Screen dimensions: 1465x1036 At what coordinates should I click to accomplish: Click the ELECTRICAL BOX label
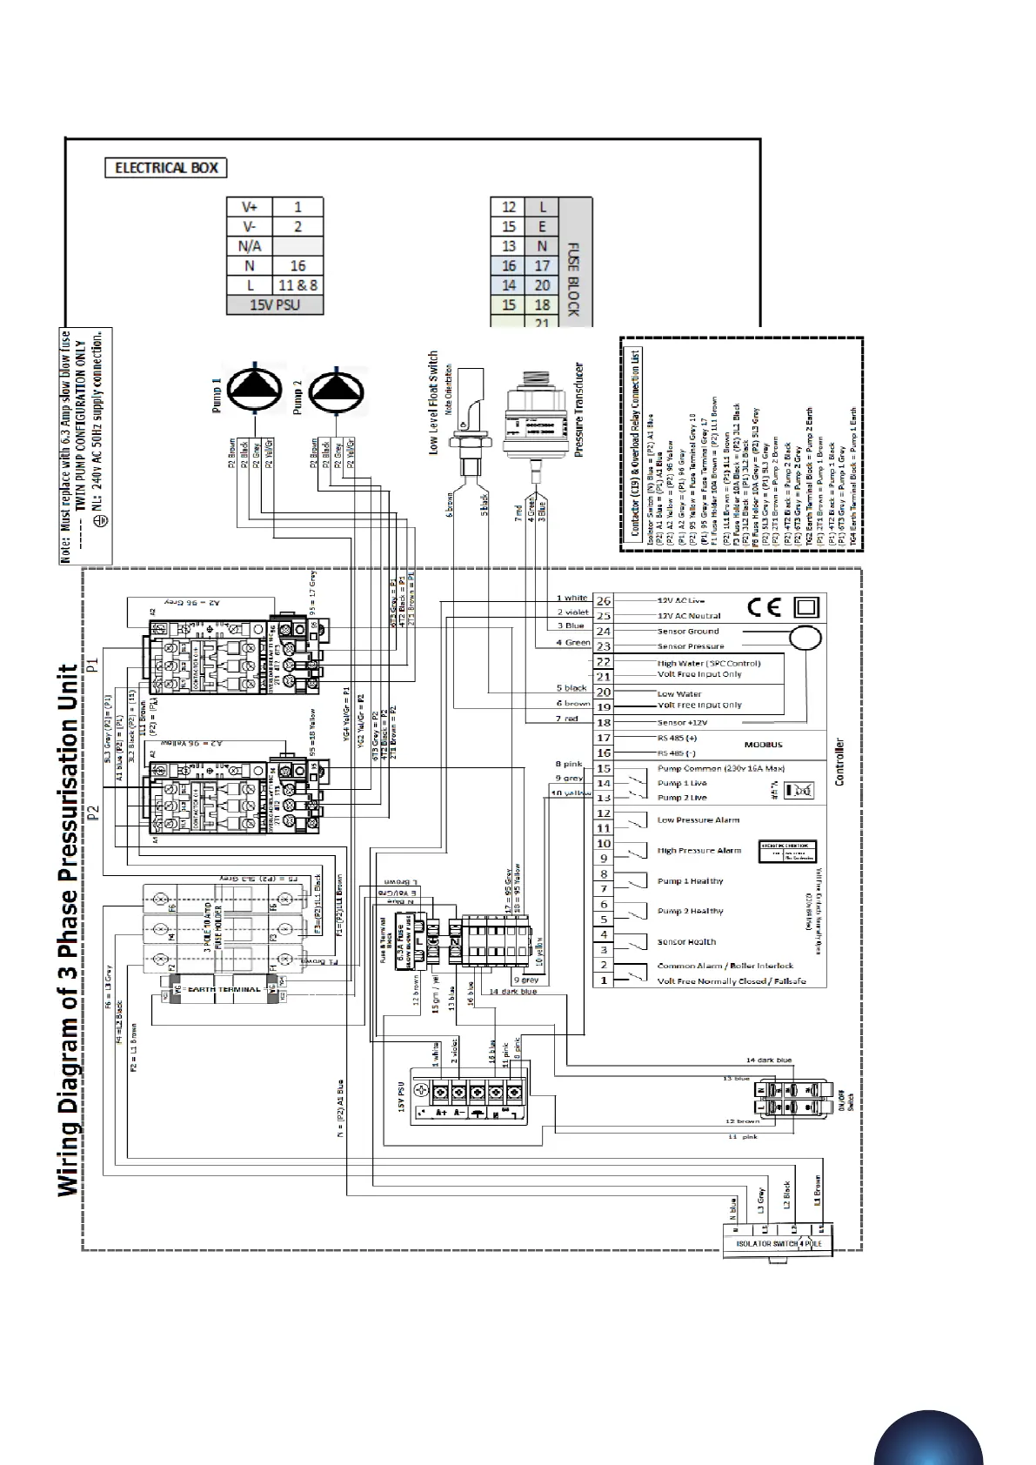coord(166,168)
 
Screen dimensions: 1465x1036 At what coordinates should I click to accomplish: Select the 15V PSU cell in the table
coord(275,305)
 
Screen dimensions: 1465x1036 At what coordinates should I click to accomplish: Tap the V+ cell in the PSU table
coord(250,207)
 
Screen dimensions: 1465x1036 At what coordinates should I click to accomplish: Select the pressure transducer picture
coord(535,417)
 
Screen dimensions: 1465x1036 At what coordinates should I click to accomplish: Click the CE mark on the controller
coord(763,607)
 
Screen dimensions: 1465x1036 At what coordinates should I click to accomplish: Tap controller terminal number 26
coord(604,601)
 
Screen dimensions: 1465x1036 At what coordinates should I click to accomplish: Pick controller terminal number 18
coord(604,722)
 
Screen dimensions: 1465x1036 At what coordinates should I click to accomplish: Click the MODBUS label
coord(763,745)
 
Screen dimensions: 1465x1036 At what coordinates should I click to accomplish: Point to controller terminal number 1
coord(604,980)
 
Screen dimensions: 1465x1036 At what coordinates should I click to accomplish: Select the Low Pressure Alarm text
coord(698,820)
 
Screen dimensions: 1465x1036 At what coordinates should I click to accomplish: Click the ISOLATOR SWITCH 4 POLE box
coord(778,1243)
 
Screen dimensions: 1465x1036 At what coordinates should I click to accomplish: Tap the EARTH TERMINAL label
coord(223,989)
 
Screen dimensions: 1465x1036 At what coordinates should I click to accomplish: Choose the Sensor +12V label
coord(682,723)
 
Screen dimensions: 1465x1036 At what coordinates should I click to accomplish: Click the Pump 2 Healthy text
coord(690,912)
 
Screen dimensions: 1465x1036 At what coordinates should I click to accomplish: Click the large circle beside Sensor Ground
coord(805,638)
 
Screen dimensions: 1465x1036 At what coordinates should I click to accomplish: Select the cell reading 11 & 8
coord(297,285)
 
